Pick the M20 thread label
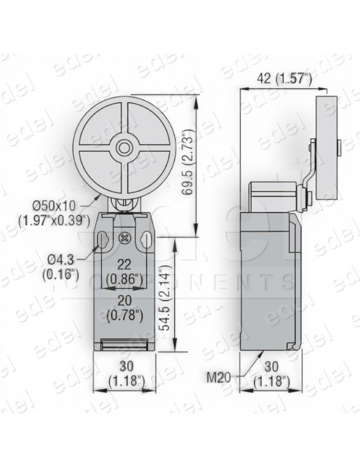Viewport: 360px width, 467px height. pyautogui.click(x=219, y=378)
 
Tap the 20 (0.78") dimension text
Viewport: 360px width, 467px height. pyautogui.click(x=125, y=308)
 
